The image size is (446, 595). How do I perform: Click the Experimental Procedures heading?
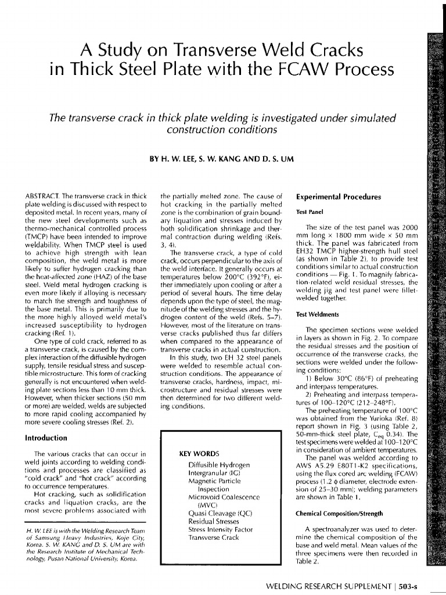pos(339,197)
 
